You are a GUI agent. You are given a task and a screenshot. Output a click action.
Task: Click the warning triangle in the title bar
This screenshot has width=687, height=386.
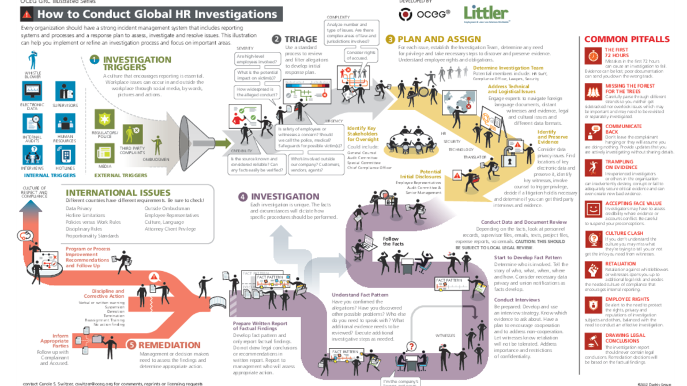(27, 13)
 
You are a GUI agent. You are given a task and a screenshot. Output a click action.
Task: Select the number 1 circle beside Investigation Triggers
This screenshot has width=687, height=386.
(94, 59)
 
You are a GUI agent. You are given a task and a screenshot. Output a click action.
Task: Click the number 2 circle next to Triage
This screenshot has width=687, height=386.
(276, 39)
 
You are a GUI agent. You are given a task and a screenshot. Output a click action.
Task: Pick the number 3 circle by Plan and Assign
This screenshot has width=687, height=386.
(391, 39)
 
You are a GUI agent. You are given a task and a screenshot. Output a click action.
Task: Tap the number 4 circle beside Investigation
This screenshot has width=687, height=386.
(243, 197)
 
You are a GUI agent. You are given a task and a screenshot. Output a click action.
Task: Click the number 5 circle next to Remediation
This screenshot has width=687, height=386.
(132, 345)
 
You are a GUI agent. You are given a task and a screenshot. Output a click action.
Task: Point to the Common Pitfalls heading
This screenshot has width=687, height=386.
(627, 39)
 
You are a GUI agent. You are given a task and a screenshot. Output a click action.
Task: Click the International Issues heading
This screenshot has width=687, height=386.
(118, 193)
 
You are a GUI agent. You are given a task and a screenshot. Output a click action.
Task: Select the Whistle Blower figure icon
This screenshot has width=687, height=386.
(33, 61)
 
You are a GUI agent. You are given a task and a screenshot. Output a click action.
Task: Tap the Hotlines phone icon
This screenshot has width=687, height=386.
(65, 154)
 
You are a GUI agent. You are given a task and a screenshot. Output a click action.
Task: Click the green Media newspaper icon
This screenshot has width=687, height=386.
(104, 152)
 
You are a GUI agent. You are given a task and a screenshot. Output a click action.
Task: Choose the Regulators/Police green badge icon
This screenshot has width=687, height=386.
(104, 119)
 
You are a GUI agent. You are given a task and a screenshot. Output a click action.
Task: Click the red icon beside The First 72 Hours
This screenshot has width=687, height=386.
(593, 55)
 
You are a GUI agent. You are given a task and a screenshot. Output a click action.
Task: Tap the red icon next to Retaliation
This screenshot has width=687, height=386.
(593, 269)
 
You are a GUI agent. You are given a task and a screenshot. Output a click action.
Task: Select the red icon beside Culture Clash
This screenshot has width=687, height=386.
(593, 238)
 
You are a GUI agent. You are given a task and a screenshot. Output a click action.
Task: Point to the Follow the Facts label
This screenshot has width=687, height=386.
(391, 241)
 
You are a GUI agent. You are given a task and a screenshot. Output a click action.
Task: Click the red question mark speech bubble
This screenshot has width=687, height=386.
(411, 346)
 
